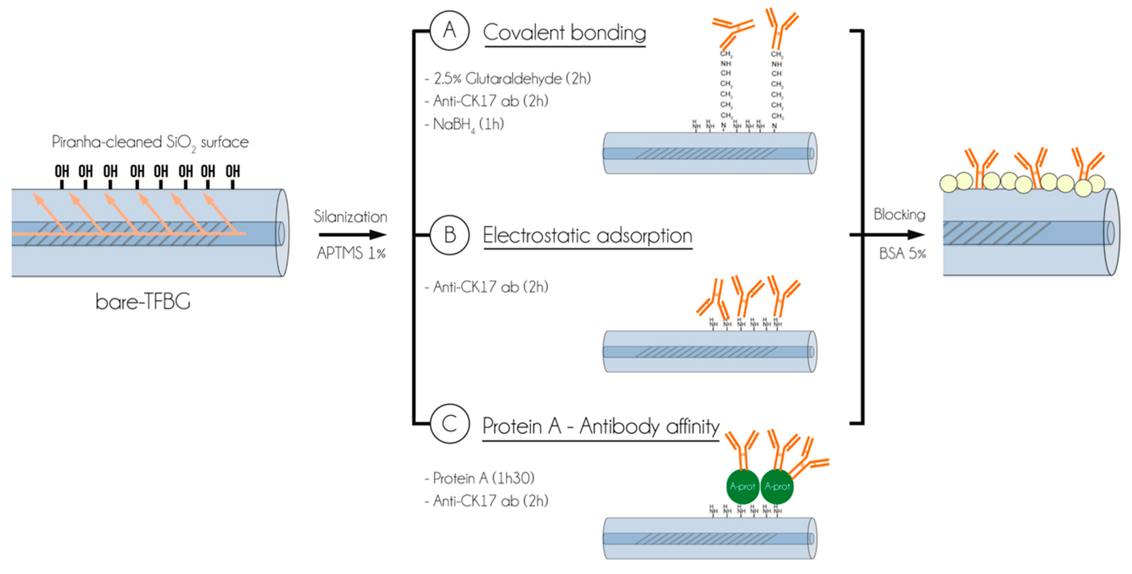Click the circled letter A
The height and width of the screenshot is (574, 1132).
[x=449, y=30]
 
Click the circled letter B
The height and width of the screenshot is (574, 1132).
[x=449, y=235]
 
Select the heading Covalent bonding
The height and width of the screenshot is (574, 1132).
[x=564, y=32]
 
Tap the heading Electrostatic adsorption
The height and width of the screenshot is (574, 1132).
[x=587, y=235]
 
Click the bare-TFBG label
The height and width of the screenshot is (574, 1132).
[x=143, y=302]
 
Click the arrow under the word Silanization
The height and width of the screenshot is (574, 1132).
[x=351, y=234]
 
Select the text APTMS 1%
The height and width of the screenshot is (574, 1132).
[x=351, y=253]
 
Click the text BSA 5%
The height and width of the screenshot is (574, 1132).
[x=902, y=253]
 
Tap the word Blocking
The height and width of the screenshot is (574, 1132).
[x=899, y=214]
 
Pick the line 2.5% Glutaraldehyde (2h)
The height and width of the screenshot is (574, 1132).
[x=508, y=79]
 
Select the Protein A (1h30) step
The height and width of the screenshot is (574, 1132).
[x=479, y=478]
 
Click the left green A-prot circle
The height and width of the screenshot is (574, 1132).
[x=742, y=486]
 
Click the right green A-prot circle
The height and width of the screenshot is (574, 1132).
[x=777, y=486]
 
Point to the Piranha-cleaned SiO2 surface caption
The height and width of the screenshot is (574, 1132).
[x=150, y=142]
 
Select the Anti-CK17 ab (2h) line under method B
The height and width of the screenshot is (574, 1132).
[x=486, y=287]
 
